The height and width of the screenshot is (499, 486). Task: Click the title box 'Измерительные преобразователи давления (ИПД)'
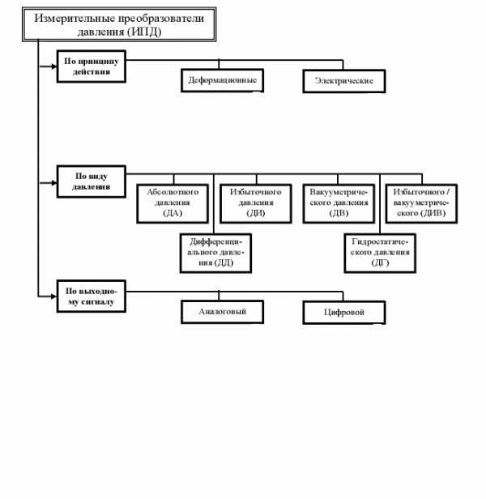(119, 24)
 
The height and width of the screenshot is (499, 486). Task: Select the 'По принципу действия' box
(92, 66)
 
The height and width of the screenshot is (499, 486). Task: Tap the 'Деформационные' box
(223, 80)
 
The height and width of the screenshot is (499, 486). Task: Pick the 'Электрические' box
(344, 81)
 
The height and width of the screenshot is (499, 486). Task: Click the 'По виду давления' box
(92, 181)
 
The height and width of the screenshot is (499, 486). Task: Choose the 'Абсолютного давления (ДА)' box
(173, 203)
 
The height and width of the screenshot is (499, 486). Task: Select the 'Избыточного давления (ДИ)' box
(256, 203)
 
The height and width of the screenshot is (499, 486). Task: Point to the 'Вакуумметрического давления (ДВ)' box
(339, 203)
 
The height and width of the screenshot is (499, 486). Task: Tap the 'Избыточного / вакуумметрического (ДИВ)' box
(421, 203)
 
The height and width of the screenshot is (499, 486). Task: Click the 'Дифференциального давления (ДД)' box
(215, 254)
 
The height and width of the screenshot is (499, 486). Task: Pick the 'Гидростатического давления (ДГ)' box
(380, 254)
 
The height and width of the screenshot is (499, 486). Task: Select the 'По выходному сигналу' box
(92, 296)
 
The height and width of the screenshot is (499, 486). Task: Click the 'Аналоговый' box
(223, 312)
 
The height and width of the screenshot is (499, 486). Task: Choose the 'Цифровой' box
(344, 313)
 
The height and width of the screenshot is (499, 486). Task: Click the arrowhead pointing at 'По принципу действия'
(53, 66)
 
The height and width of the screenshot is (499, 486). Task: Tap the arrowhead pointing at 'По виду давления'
(53, 183)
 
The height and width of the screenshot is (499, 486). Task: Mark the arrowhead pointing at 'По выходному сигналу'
(53, 296)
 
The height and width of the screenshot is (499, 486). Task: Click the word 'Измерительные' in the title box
(75, 18)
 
